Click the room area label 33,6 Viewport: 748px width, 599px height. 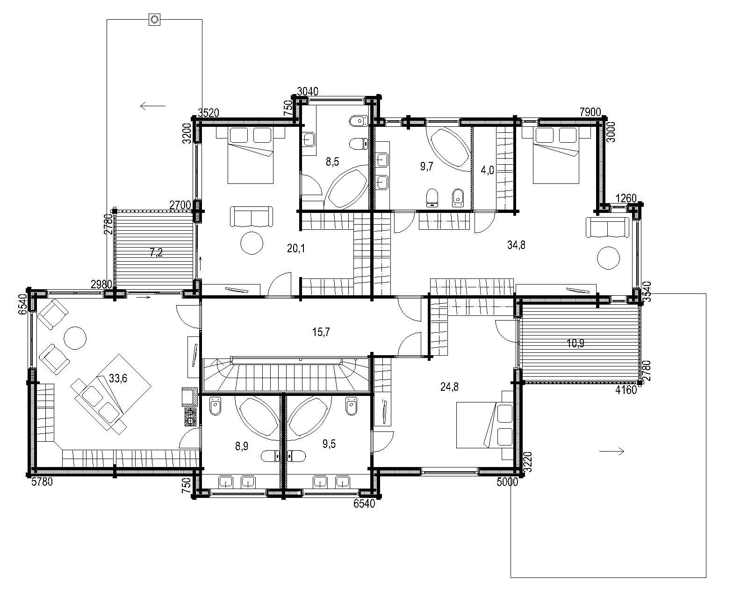tap(118, 378)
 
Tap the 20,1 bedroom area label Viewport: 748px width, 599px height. tap(296, 248)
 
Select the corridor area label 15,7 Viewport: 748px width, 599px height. tap(321, 332)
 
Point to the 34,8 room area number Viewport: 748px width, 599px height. tap(516, 245)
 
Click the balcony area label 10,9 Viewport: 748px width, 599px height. tap(575, 343)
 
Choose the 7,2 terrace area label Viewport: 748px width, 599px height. tap(156, 252)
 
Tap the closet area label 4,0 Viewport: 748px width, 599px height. tap(487, 170)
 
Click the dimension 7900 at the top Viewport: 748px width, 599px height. tap(590, 112)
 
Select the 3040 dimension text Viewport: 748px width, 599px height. tap(308, 91)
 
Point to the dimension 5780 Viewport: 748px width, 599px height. tap(42, 482)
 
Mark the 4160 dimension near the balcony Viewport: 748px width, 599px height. tap(626, 390)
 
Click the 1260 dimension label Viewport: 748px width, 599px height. tap(626, 198)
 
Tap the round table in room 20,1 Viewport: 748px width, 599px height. tap(252, 243)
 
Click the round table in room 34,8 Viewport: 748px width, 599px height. tap(608, 258)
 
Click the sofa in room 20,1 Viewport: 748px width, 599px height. tap(252, 217)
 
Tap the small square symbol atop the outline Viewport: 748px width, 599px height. tap(154, 19)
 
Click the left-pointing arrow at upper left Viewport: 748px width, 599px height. tap(152, 106)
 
